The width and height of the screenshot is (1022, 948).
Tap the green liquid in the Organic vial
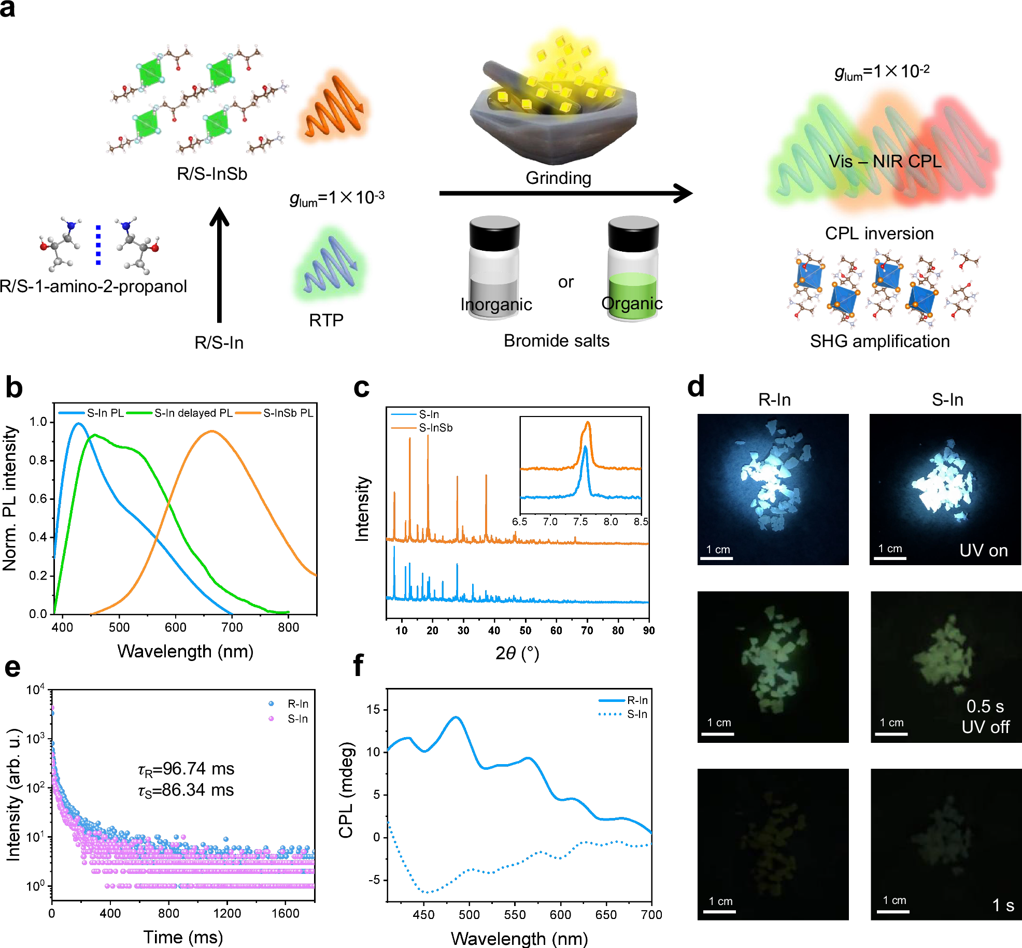632,295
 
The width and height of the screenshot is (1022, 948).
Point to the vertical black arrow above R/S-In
219,264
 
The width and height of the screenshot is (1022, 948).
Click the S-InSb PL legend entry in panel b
288,413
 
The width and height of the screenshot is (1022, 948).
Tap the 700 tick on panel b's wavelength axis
232,627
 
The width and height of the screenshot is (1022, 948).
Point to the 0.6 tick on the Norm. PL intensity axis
38,498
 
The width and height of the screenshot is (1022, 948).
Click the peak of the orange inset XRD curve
588,423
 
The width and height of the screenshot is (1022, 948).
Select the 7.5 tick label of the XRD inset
580,522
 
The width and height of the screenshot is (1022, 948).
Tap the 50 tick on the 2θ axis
525,630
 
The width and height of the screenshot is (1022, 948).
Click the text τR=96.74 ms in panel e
186,769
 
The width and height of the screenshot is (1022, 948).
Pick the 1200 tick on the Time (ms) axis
227,913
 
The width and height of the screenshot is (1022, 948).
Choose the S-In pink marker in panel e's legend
271,719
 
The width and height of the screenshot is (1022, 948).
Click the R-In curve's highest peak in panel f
456,717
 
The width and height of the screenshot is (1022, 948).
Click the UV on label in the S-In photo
983,550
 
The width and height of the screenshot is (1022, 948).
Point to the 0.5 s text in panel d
985,706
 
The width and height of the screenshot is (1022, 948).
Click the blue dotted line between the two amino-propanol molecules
98,245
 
